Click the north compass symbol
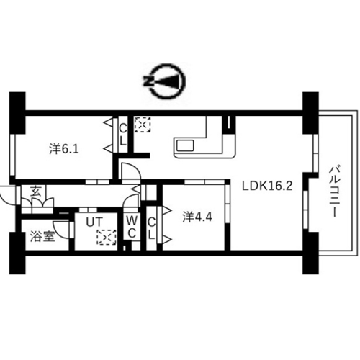click(x=165, y=81)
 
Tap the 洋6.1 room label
click(x=64, y=149)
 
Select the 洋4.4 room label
click(x=197, y=217)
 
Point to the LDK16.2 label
click(x=267, y=186)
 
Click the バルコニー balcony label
click(x=336, y=192)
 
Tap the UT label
click(x=94, y=222)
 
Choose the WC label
click(x=132, y=227)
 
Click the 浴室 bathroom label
click(x=42, y=237)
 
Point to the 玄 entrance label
click(x=36, y=192)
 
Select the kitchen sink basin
click(x=185, y=146)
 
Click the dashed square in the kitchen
click(x=143, y=125)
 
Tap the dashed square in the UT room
click(x=107, y=238)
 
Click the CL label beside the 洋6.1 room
click(x=123, y=135)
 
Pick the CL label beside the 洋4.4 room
click(x=151, y=229)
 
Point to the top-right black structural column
click(x=310, y=113)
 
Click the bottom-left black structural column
click(x=17, y=253)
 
